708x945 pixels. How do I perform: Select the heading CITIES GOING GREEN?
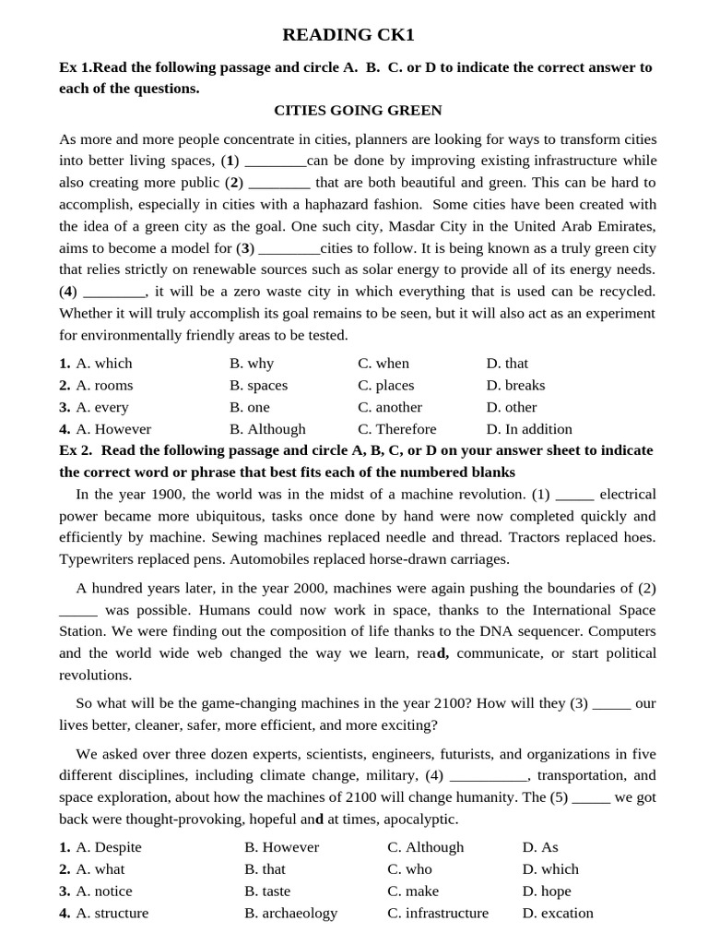(358, 111)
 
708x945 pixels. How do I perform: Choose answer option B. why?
(252, 364)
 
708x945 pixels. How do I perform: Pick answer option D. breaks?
(515, 386)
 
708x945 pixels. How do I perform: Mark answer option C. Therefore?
(397, 429)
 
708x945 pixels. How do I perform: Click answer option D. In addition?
(529, 429)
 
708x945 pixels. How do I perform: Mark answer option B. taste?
(267, 891)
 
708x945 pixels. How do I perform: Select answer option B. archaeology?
(290, 914)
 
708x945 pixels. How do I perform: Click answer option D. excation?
(558, 914)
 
